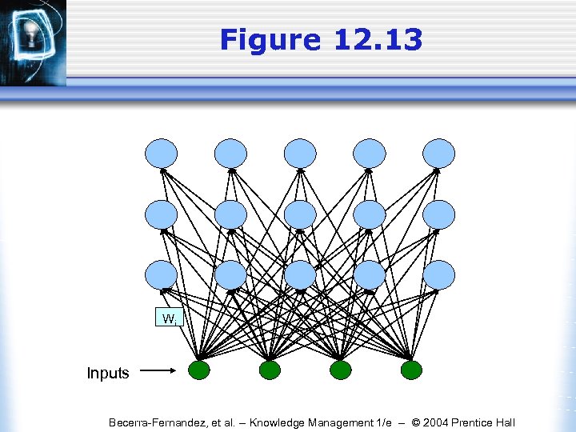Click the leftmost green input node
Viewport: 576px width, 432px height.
coord(199,370)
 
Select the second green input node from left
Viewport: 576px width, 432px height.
coord(270,370)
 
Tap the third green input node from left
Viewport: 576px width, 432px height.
coord(341,370)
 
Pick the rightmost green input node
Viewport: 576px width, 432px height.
coord(411,370)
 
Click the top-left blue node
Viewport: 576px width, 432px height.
coord(162,153)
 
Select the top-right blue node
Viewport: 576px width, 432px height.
coord(438,153)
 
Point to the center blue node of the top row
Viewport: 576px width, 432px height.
coord(300,153)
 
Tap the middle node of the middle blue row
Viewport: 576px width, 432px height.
coord(300,214)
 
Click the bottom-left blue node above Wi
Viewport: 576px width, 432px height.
coord(162,275)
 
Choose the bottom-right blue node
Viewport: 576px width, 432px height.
coord(438,275)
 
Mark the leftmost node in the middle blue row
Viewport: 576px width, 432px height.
coord(162,214)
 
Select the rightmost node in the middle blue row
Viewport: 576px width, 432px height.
coord(438,214)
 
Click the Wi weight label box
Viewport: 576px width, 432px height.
coord(170,318)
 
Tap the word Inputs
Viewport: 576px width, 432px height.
coord(108,374)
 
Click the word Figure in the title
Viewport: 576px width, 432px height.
coord(270,40)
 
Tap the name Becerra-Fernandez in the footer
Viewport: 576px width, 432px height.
coord(158,422)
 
